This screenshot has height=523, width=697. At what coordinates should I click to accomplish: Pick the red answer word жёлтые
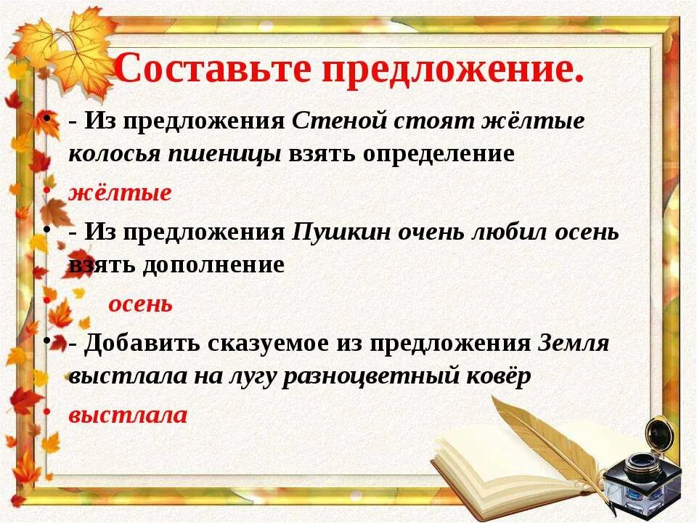(x=120, y=193)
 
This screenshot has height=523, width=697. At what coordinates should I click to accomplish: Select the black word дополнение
(x=212, y=265)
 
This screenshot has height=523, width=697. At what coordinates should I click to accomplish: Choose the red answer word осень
(x=140, y=304)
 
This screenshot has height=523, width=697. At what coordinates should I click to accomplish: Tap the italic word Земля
(x=574, y=343)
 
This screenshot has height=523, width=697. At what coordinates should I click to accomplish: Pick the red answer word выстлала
(x=128, y=415)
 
